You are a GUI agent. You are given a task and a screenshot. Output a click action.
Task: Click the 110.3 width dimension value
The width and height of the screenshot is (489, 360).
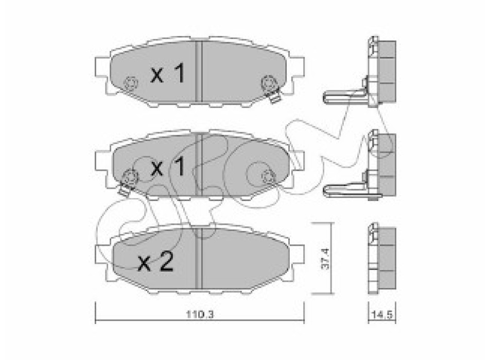coord(200,315)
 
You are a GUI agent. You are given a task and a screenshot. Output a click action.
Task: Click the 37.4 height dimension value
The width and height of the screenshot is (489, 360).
coord(325,258)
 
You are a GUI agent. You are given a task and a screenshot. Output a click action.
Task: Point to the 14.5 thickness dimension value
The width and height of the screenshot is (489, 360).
coord(382,315)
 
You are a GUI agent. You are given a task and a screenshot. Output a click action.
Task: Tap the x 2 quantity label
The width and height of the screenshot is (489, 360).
coord(155,262)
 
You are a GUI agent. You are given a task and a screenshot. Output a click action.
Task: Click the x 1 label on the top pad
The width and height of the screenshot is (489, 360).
coord(168,74)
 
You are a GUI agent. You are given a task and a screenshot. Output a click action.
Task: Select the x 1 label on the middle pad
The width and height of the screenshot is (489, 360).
coord(168,166)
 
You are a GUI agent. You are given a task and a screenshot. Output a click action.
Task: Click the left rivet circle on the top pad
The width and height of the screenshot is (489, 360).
coord(131,83)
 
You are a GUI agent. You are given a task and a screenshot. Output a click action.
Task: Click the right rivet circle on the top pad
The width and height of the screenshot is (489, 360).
coord(269,83)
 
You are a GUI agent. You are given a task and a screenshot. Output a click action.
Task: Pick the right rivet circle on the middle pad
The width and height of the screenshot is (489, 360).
coord(268,177)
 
